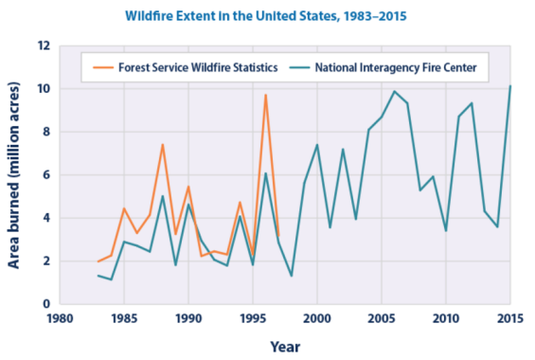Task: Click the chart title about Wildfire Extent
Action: [267, 16]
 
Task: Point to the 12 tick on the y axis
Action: [44, 45]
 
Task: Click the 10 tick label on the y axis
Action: [44, 89]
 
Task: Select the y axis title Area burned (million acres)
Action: [16, 175]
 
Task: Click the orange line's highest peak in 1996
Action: [266, 95]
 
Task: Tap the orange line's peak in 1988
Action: [163, 145]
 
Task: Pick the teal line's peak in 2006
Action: [395, 92]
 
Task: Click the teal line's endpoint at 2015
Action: [510, 86]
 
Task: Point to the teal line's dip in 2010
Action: [446, 230]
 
